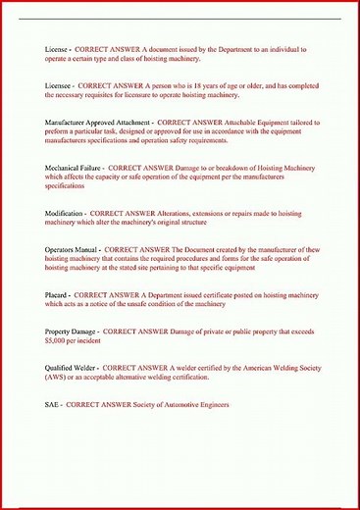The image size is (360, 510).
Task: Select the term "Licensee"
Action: click(61, 85)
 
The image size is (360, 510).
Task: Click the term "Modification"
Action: click(65, 213)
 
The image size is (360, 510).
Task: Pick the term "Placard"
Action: click(58, 295)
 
